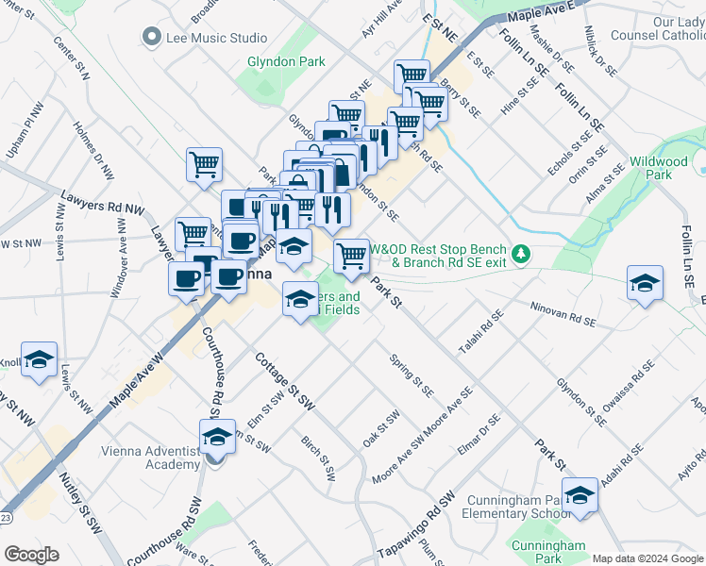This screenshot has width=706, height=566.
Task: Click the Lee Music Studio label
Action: point(216,38)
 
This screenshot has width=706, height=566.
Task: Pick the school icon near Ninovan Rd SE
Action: point(644,283)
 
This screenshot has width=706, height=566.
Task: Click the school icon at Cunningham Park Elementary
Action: point(580,496)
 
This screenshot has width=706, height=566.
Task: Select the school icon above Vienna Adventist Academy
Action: point(217,437)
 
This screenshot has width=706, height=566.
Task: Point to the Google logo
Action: point(30,554)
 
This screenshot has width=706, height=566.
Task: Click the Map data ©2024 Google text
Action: point(647,558)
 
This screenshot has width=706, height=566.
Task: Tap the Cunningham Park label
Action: point(547,553)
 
